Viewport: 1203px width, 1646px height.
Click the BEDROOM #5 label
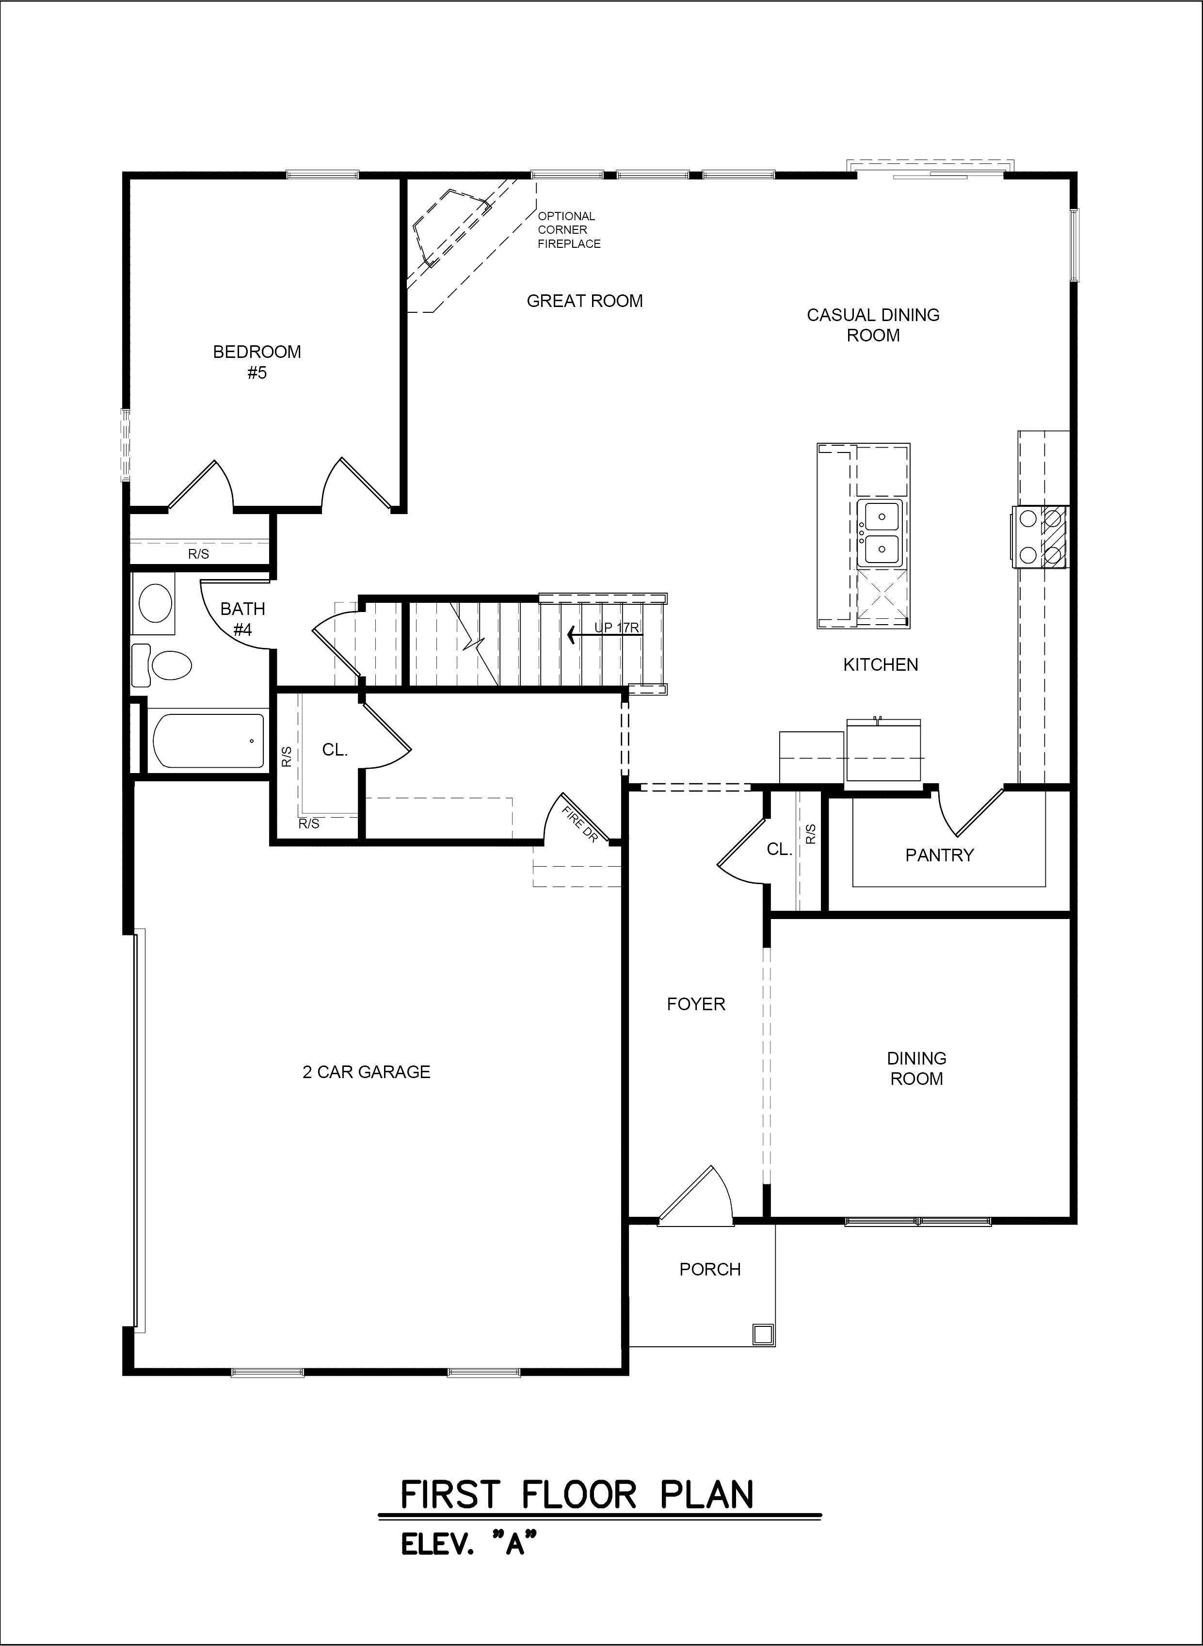257,362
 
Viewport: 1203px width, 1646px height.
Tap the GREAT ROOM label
585,301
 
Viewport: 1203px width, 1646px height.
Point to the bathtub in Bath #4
209,741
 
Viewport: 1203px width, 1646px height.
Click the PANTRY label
939,855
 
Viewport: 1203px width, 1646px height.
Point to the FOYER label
696,1004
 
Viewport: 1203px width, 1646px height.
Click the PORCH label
710,1270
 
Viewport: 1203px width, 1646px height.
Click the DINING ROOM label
917,1068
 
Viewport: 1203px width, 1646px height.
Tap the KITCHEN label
881,664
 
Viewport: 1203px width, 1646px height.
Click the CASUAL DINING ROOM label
873,325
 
